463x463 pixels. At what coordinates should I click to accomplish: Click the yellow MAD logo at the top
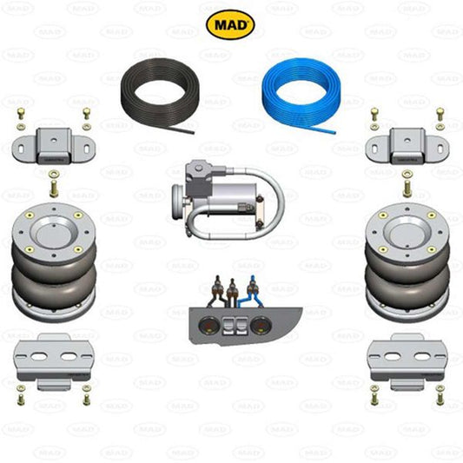click(x=230, y=24)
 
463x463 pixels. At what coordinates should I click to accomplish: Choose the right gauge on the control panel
click(x=259, y=327)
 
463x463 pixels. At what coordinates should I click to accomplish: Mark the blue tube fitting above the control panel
click(x=253, y=285)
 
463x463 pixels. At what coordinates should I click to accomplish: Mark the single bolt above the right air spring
click(x=406, y=184)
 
